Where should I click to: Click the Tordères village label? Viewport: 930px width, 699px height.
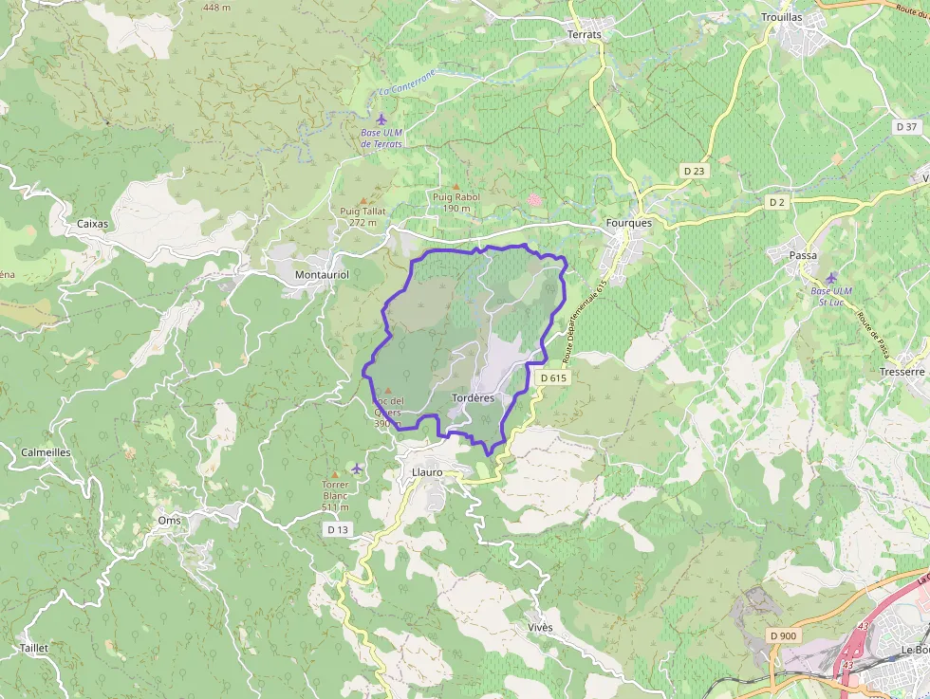click(x=474, y=397)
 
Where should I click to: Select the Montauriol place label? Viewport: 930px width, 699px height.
click(x=323, y=274)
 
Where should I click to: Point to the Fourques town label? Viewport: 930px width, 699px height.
click(x=628, y=223)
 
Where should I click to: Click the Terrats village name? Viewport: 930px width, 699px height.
click(x=584, y=34)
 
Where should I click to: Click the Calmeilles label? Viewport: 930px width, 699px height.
click(x=46, y=452)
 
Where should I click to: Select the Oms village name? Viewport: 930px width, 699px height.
click(x=169, y=521)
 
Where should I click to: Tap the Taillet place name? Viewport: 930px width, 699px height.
click(x=33, y=648)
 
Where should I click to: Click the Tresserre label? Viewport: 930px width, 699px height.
click(x=902, y=372)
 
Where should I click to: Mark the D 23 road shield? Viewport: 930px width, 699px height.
click(x=695, y=171)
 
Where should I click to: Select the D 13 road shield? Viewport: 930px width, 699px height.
click(x=338, y=529)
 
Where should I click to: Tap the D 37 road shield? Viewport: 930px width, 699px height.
click(x=906, y=126)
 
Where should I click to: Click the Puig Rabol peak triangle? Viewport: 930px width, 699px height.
click(x=456, y=186)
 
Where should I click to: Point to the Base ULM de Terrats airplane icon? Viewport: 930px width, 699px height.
click(x=381, y=119)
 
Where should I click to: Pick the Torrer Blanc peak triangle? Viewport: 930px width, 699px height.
click(x=335, y=473)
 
